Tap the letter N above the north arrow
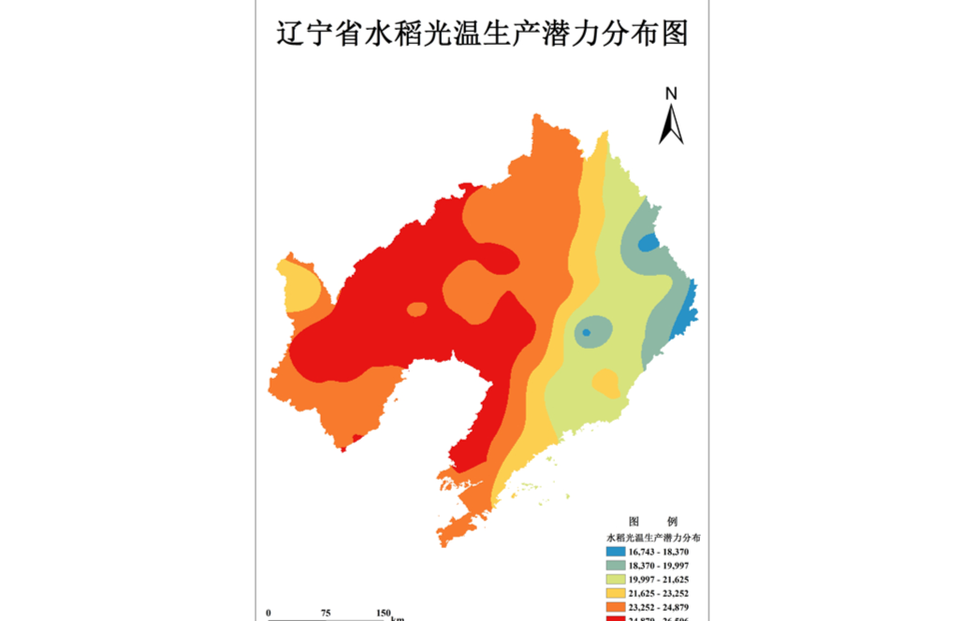click(671, 93)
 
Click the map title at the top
click(481, 35)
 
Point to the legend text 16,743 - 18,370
click(665, 553)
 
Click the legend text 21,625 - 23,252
click(665, 594)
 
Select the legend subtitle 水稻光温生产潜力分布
click(654, 538)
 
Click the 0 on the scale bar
click(269, 613)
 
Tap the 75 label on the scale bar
click(326, 613)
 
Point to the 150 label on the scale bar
click(383, 613)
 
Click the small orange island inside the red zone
click(417, 309)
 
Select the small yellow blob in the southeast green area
click(606, 383)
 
